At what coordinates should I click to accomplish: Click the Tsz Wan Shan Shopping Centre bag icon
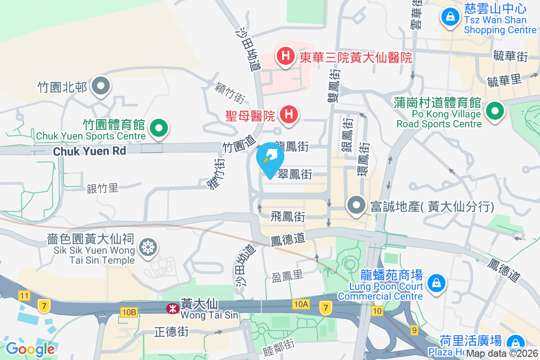449,18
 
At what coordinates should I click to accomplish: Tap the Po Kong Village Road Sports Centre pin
495,110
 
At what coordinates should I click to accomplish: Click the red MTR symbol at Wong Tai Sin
171,309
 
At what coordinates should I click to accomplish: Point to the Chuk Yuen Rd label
90,151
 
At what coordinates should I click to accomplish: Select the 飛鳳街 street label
288,217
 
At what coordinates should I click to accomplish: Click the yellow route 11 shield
24,296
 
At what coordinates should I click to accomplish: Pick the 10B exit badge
128,311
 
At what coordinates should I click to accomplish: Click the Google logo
30,349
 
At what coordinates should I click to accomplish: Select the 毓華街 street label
510,56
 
